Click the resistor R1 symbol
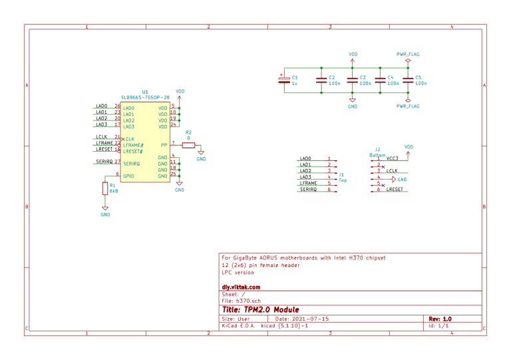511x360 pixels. [x=104, y=189]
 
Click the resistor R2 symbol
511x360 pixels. [x=188, y=144]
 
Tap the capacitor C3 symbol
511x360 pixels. [x=353, y=80]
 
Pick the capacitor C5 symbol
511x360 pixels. [x=408, y=80]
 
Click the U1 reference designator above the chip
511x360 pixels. [x=145, y=92]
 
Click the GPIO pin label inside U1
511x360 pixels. [x=129, y=176]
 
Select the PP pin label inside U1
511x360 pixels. [x=164, y=144]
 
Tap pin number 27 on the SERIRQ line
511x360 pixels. [x=117, y=161]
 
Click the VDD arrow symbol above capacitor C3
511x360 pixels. [x=353, y=61]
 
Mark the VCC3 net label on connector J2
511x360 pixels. [x=392, y=158]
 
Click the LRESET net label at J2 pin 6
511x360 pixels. [x=394, y=190]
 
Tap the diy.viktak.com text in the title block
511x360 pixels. [x=241, y=287]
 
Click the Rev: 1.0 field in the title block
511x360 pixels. [x=440, y=319]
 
